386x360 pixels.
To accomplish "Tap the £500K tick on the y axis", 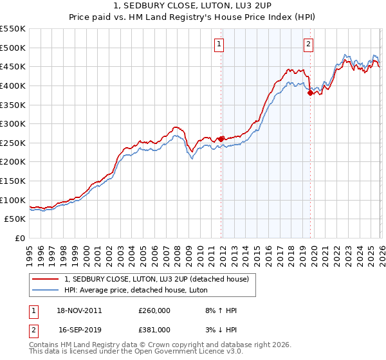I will tap(13, 48).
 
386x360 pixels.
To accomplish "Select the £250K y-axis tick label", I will tap(13, 143).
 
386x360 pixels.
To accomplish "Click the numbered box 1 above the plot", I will tap(219, 44).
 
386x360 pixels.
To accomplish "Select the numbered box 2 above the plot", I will tap(309, 44).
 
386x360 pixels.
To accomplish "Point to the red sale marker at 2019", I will tap(310, 93).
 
